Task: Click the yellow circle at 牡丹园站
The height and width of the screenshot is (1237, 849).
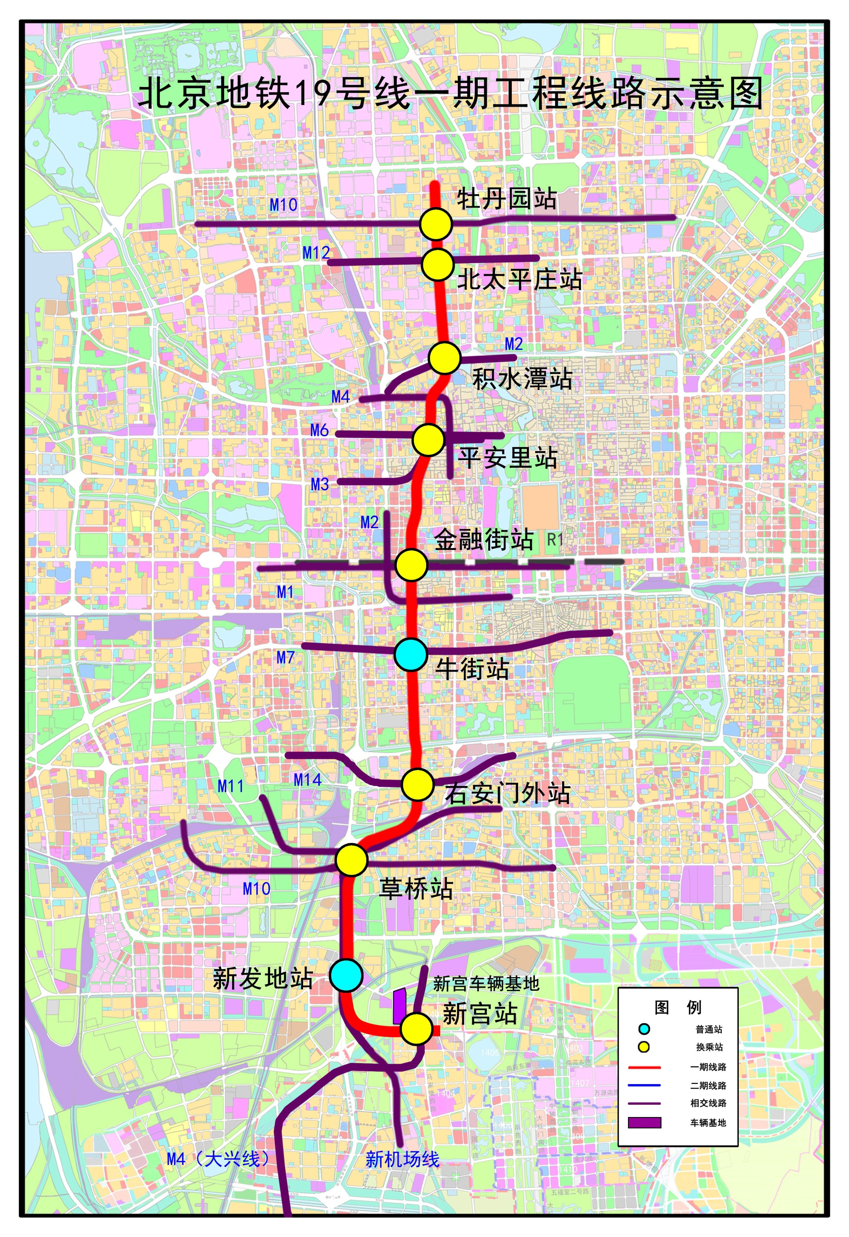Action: [x=436, y=224]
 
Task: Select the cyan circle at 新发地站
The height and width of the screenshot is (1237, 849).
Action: [x=346, y=975]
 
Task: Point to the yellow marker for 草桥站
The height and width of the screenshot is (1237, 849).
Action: [x=352, y=859]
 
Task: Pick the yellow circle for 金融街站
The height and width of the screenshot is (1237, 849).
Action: [x=411, y=565]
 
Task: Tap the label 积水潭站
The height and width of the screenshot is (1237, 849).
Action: [x=522, y=379]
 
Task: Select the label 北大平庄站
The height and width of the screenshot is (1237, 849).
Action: [x=519, y=279]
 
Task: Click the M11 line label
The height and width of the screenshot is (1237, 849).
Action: [x=231, y=786]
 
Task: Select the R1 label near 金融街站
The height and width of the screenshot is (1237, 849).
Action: [x=555, y=540]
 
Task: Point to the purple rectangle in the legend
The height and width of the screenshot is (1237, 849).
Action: [x=644, y=1122]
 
